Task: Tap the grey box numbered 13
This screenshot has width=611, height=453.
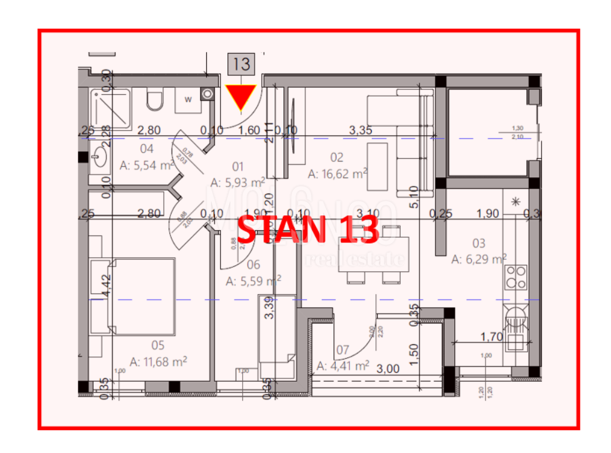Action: tap(242, 64)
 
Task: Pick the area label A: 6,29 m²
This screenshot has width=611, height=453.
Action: tap(479, 258)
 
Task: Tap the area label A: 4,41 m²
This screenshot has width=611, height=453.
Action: tap(343, 366)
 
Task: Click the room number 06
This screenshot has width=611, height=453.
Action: tap(253, 265)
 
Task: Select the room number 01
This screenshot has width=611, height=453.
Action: tap(237, 167)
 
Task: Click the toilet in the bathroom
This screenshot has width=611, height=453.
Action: tap(155, 101)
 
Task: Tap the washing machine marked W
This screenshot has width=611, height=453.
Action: tap(188, 99)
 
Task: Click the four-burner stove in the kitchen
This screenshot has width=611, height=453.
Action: tap(517, 277)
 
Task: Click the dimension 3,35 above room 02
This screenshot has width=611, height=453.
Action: tap(360, 131)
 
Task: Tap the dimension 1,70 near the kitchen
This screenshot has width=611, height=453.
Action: tap(491, 337)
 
